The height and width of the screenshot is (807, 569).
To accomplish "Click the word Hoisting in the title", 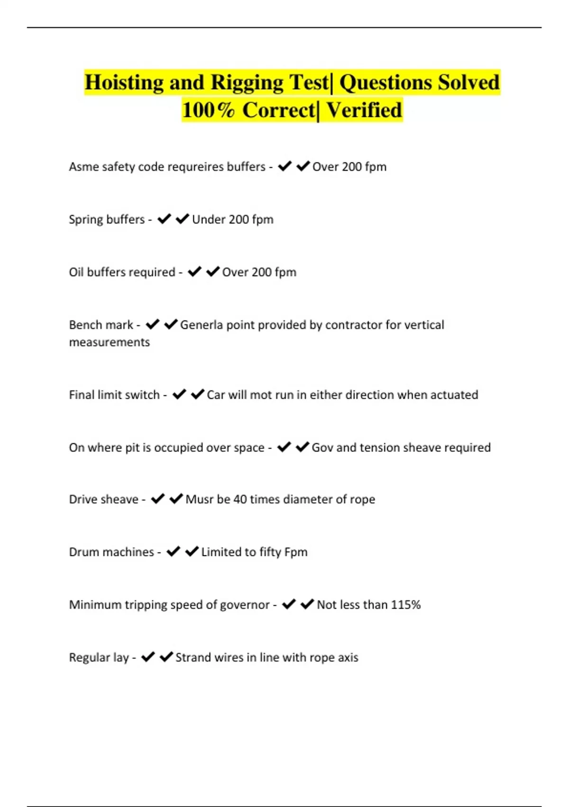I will point(124,82).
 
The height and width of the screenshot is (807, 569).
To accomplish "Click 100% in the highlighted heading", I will point(208,110).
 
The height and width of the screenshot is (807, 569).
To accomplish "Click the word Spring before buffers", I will point(86,220).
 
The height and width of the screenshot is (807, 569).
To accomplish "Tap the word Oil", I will point(76,272).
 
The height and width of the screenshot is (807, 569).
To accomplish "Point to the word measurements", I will point(110,342).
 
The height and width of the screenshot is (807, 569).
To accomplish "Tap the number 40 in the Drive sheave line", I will point(240,499).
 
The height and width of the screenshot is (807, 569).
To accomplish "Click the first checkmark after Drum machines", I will point(173,551).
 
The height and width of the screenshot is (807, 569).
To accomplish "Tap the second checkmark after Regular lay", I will point(166,657).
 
